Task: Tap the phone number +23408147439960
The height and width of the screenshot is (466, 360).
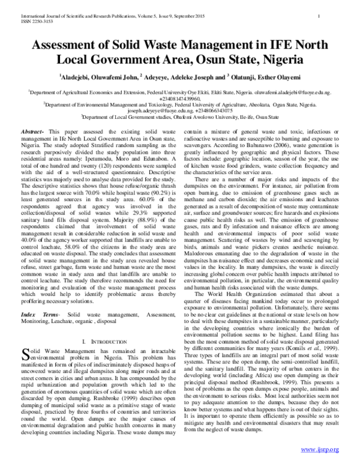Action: click(179, 98)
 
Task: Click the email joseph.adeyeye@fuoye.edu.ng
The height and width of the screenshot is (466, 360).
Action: click(155, 111)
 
